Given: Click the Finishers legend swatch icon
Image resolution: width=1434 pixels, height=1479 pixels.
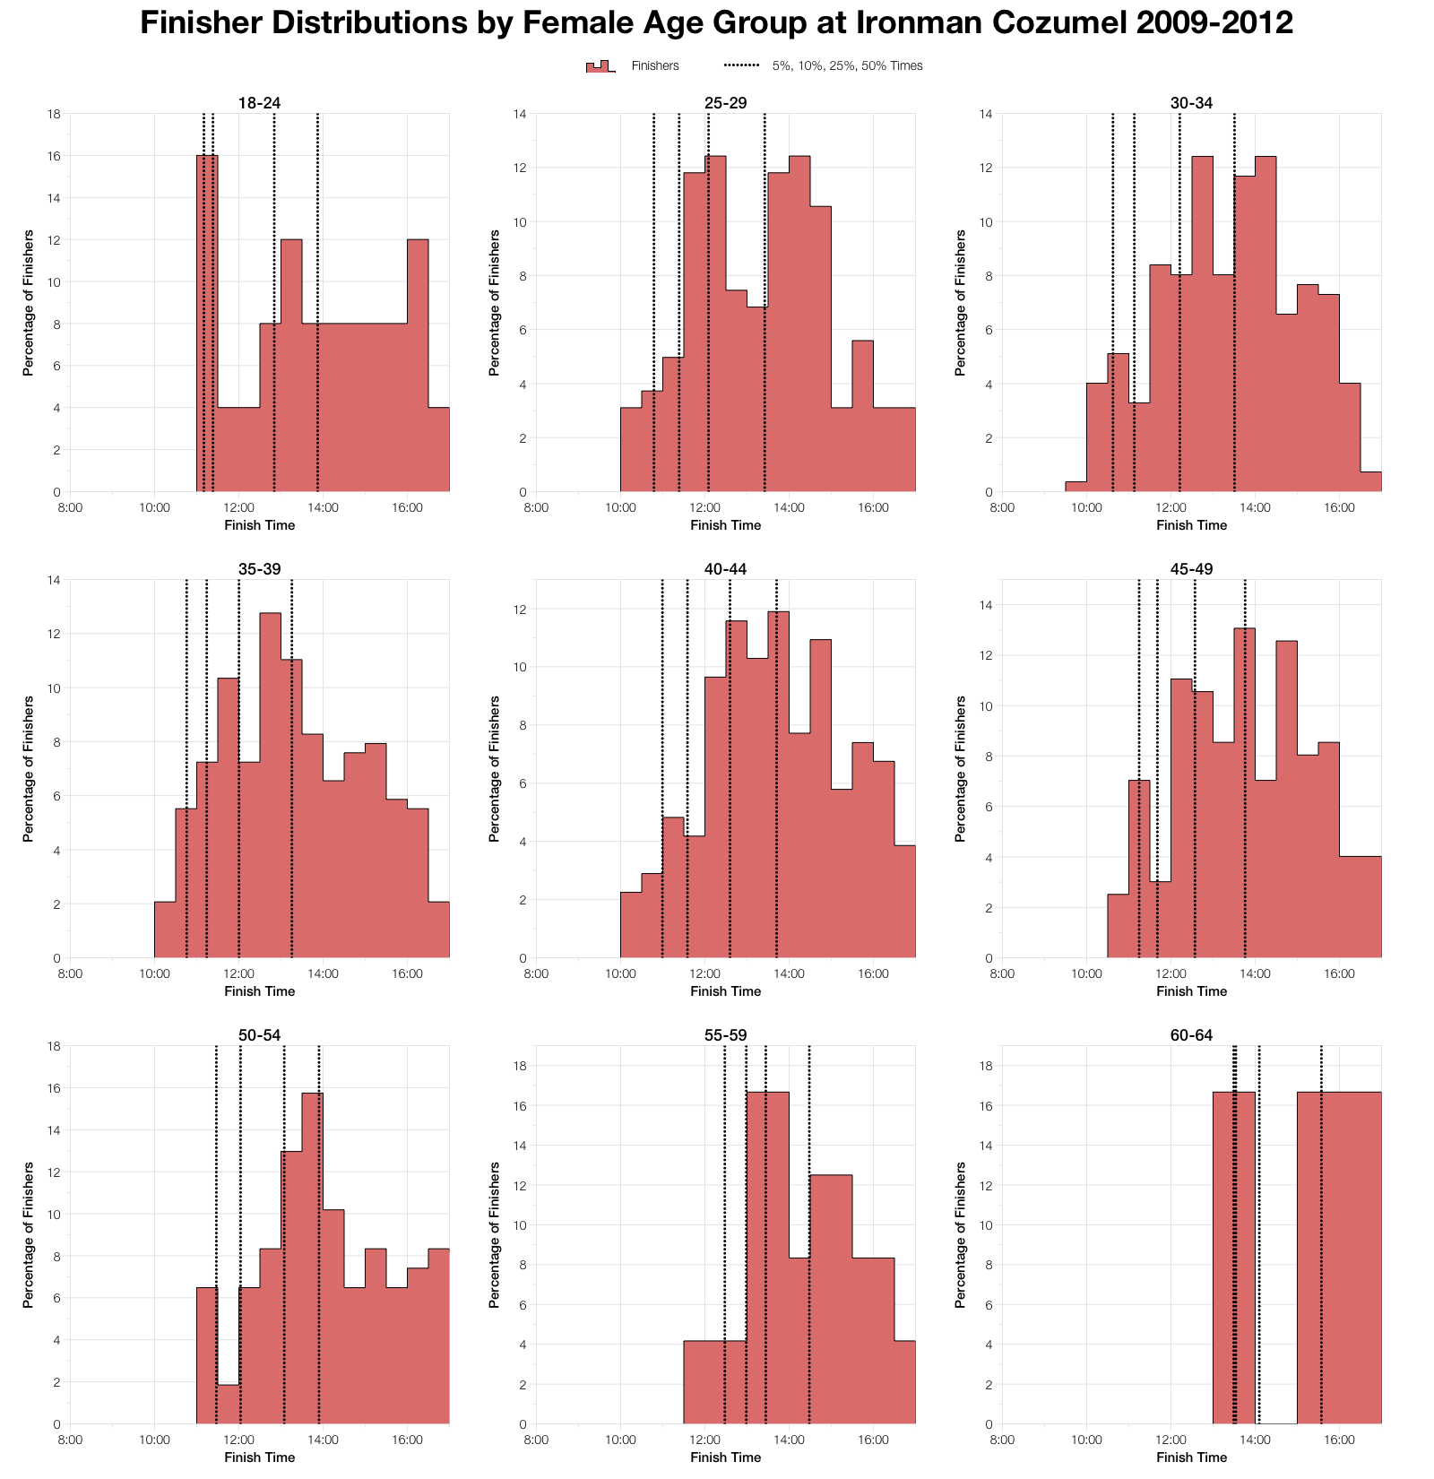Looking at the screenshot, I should click(600, 66).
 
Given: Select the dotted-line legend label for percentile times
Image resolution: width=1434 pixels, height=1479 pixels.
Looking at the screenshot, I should click(847, 66).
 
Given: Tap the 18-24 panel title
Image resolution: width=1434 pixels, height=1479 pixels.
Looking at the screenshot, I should click(259, 103).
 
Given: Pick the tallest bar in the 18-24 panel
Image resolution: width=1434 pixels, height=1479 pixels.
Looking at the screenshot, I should click(207, 323).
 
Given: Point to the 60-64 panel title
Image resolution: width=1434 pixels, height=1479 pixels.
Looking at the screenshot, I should click(1191, 1035).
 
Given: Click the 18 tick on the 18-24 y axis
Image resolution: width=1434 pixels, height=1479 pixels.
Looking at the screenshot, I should click(55, 114).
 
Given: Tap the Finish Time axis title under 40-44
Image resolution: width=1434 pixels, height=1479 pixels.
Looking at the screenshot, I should click(725, 991).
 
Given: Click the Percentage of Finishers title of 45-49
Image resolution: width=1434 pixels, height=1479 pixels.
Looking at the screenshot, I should click(961, 769).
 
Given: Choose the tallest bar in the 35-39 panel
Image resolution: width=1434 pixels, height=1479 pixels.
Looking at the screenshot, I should click(271, 784).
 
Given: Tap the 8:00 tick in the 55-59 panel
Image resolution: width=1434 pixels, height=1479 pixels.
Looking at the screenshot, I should click(536, 1440).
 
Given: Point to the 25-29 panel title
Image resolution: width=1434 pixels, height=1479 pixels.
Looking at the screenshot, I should click(725, 103).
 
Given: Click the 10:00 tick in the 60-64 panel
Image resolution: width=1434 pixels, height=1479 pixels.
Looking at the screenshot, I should click(1086, 1440).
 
